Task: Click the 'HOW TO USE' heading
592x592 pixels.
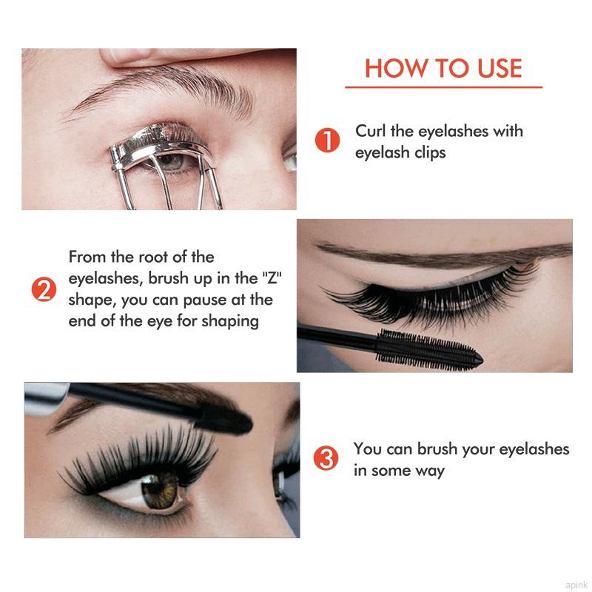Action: [x=443, y=68]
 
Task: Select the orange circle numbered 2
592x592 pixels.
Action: [x=43, y=289]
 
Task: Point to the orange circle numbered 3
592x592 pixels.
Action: [x=326, y=459]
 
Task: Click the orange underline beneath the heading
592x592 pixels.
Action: [x=443, y=87]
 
